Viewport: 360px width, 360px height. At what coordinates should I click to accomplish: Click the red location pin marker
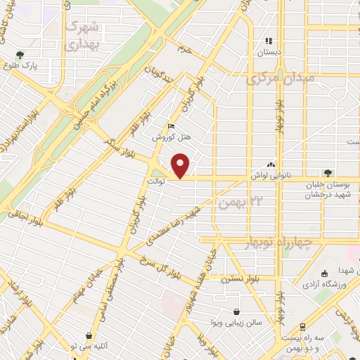coord(181,165)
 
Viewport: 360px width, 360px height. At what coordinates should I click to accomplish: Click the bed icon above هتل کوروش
coord(171,127)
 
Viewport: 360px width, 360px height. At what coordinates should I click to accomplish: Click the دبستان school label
coord(268,51)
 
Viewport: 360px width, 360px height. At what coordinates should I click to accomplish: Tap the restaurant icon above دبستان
coord(268,40)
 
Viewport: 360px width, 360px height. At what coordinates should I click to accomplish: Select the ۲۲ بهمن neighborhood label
coord(235,203)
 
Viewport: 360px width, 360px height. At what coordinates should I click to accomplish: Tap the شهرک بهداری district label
coord(83,34)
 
